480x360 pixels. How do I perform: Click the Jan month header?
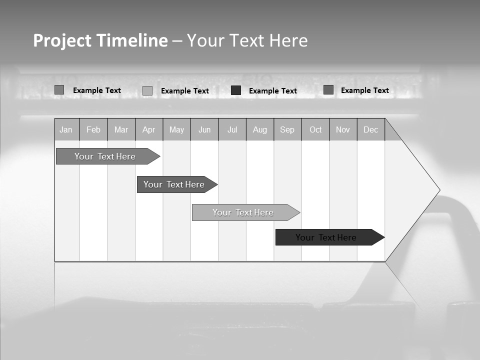point(66,130)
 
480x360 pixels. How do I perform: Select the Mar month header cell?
point(121,130)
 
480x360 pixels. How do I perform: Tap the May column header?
point(176,130)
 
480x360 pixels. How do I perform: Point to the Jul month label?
point(232,130)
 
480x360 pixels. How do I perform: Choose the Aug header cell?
point(260,130)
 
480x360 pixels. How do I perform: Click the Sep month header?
point(287,130)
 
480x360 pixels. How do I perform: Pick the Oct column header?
point(315,130)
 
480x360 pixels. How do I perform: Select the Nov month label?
point(343,130)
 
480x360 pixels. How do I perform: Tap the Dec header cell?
point(371,130)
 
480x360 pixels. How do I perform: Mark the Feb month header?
point(93,130)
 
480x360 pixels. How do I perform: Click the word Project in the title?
point(62,40)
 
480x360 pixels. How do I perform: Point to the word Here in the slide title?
point(288,40)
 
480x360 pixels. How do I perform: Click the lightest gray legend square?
point(147,90)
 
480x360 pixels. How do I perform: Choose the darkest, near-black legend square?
point(236,90)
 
